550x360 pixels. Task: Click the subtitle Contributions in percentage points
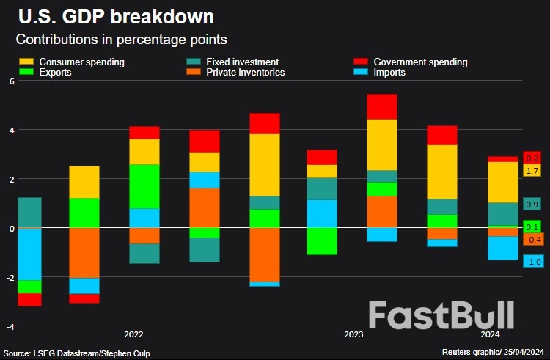(x=121, y=38)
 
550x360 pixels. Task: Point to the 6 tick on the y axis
(x=12, y=81)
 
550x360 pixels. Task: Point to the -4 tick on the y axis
(x=10, y=326)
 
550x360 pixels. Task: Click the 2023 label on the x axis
(x=353, y=334)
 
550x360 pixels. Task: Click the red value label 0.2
(x=532, y=158)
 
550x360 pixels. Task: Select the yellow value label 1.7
(x=532, y=171)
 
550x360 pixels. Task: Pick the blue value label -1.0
(x=532, y=261)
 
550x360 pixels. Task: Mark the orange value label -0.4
(x=532, y=239)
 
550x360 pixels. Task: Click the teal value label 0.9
(x=532, y=205)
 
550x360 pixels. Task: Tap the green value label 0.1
(x=532, y=227)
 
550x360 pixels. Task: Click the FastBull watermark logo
(x=441, y=315)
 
